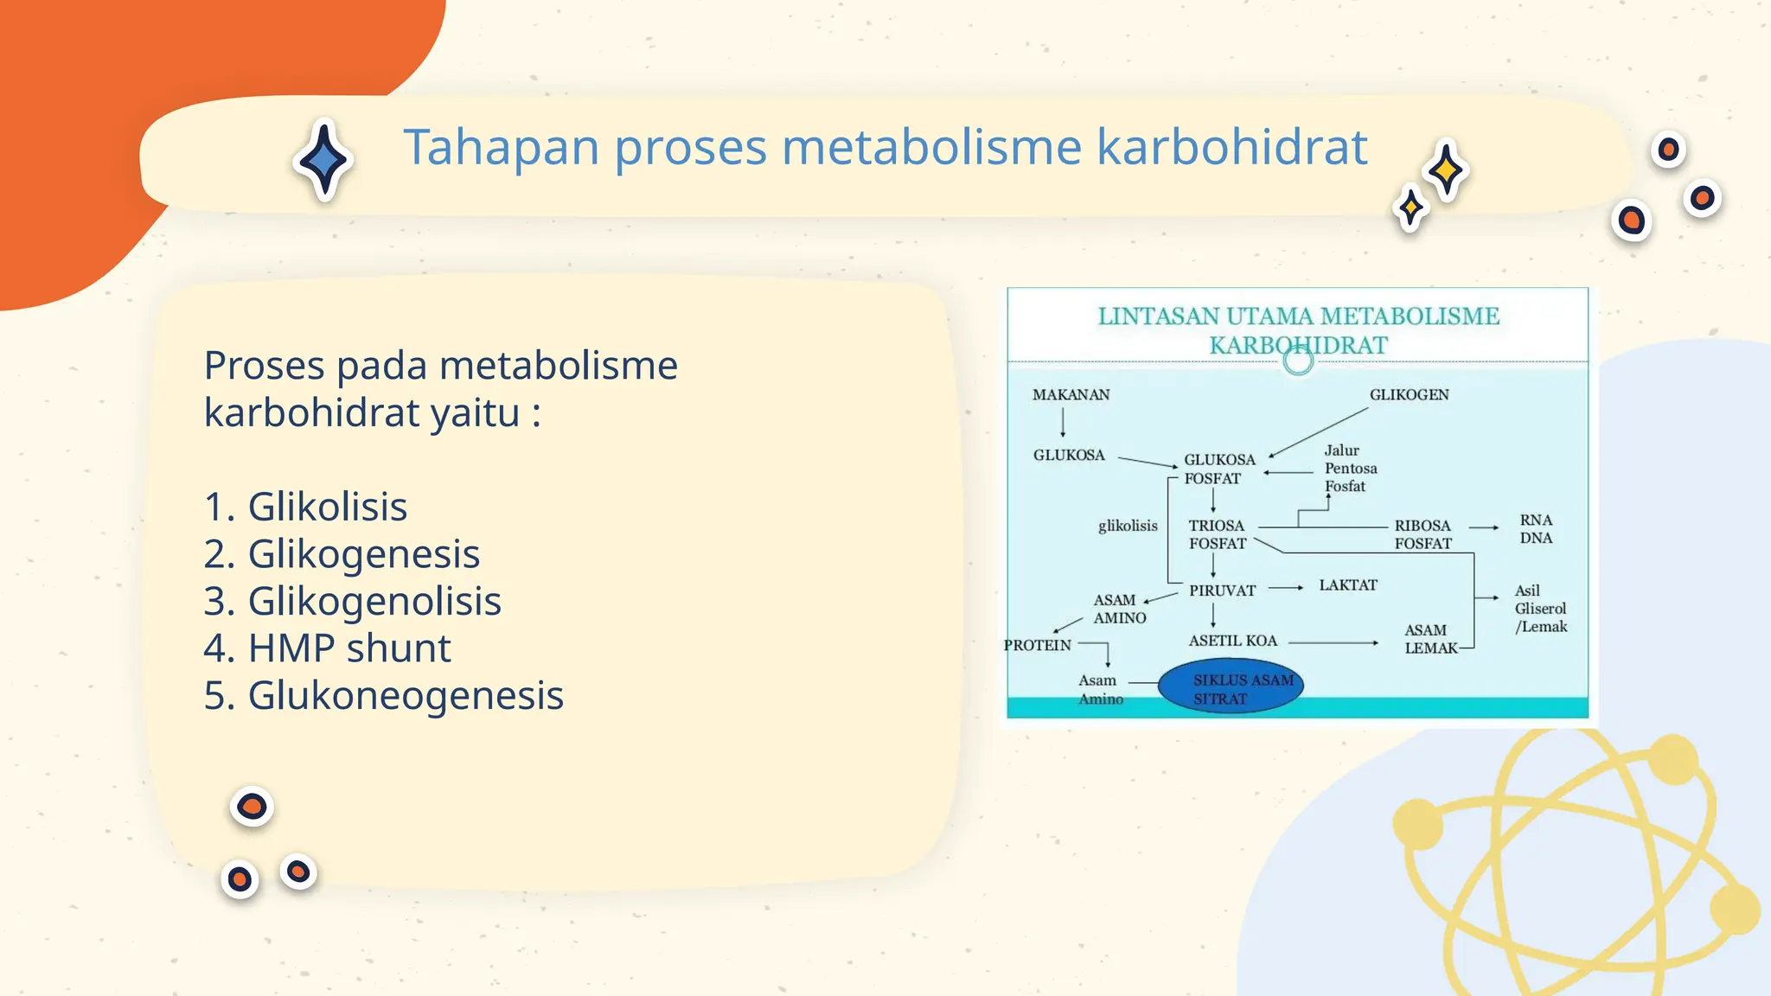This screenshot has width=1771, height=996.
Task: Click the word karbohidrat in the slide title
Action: coord(1231,147)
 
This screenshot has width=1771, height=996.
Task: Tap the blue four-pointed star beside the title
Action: coord(323,160)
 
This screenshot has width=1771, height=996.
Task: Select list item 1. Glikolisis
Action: coord(305,507)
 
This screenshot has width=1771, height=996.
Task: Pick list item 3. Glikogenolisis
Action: coord(352,601)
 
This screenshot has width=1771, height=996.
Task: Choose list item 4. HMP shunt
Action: coord(327,648)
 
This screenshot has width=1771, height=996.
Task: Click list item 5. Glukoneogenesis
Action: coord(383,695)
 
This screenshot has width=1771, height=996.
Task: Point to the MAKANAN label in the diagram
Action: coord(1071,395)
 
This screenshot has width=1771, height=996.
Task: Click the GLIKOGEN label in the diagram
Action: coord(1409,395)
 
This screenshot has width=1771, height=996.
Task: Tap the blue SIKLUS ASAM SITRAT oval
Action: coord(1231,688)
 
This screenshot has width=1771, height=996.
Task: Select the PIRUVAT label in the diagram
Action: coord(1222,591)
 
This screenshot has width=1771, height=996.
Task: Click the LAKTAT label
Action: coord(1347,585)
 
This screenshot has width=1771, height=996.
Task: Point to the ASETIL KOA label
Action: coord(1232,641)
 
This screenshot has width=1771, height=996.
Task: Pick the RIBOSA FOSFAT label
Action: coord(1423,534)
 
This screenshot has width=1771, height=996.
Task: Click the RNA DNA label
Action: coord(1536,529)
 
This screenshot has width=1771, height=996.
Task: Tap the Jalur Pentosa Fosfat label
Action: coord(1350,469)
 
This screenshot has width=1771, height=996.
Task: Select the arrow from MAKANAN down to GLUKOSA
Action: coord(1063,423)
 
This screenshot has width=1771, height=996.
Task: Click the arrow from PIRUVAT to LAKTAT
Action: coord(1286,588)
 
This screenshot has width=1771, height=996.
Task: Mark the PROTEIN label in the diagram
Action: coord(1037,645)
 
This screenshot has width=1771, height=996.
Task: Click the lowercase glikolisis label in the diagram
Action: coord(1128,526)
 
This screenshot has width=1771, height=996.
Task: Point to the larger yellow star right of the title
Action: coord(1446,169)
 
